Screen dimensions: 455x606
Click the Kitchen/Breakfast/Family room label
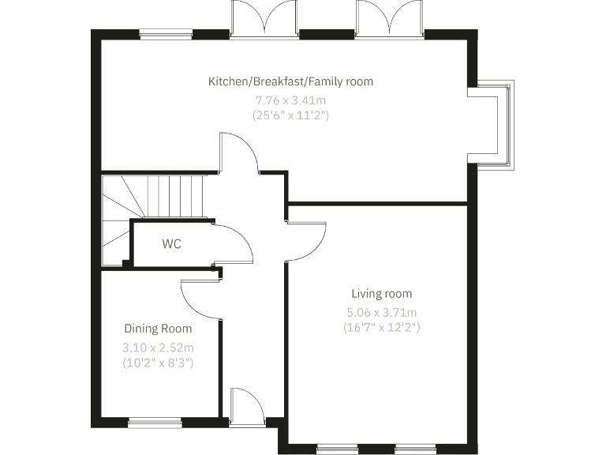[x=290, y=81]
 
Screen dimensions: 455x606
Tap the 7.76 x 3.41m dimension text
[x=290, y=100]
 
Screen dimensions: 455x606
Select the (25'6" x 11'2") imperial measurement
[x=290, y=115]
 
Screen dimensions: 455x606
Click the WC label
[x=171, y=244]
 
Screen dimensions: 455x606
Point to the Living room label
[x=382, y=294]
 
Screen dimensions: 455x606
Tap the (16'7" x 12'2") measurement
[x=382, y=326]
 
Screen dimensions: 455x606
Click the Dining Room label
[x=158, y=329]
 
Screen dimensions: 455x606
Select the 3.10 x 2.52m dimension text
[x=158, y=348]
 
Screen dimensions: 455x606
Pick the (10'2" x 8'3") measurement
[x=158, y=363]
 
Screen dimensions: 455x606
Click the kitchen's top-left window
[x=166, y=34]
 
